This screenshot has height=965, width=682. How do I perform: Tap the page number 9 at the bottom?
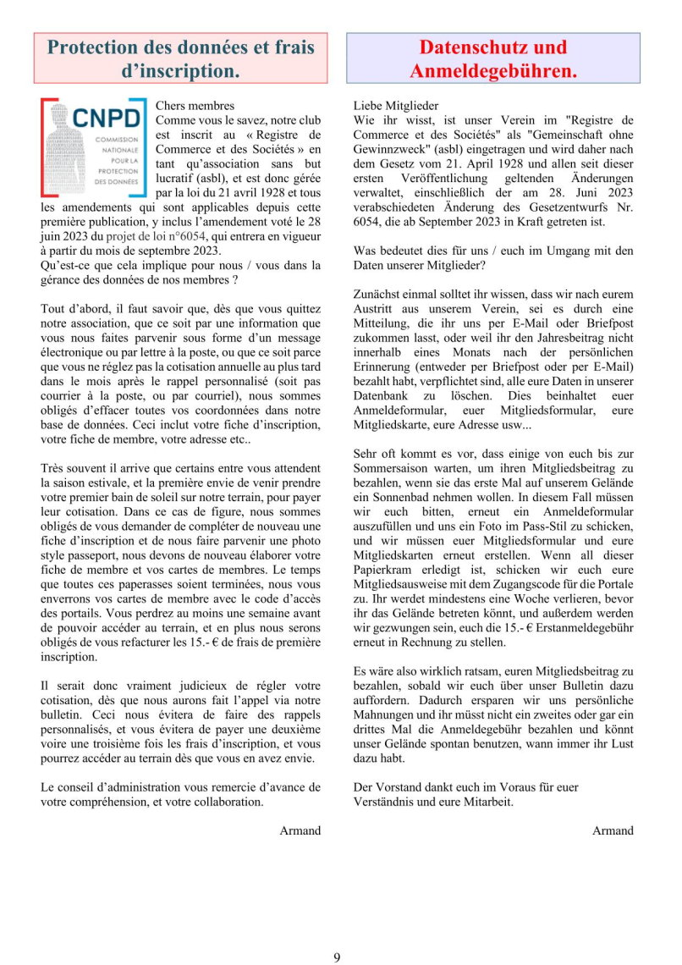coord(337,957)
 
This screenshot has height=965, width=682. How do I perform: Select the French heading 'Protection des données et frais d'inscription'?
coord(180,58)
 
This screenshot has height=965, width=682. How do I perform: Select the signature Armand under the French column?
coord(300,830)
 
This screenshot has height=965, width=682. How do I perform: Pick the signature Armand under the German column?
coord(613,830)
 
